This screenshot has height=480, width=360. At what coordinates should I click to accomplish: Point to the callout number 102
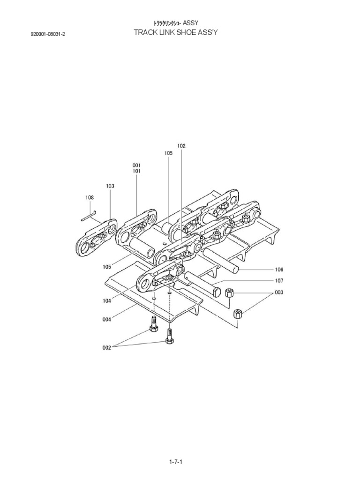point(181,146)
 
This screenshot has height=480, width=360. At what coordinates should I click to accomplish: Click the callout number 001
point(136,165)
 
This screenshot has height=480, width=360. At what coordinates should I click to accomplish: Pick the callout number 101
point(136,172)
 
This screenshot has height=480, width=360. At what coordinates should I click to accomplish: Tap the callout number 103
point(110,186)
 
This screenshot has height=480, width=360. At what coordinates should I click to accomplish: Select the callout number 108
point(90,198)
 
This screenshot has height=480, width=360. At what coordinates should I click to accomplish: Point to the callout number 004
point(106,320)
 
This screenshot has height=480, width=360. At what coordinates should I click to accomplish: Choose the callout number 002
point(106,347)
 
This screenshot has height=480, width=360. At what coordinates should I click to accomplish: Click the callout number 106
point(279,270)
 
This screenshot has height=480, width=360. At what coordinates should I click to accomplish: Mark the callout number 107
point(279,281)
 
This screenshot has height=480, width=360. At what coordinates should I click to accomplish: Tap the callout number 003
point(279,292)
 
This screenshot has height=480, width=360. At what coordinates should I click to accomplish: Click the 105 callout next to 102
point(168,153)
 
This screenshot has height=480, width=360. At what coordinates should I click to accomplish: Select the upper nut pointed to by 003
point(229,293)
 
